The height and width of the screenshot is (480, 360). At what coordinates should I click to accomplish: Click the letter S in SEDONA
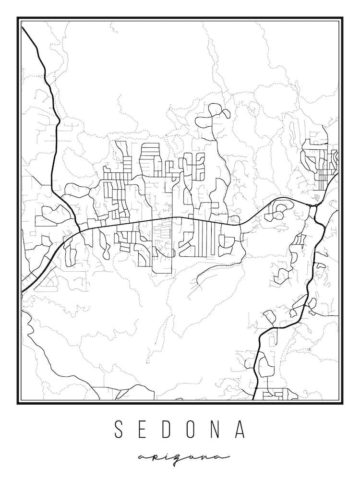coord(119,430)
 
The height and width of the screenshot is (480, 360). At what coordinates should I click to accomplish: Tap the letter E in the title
coord(144,430)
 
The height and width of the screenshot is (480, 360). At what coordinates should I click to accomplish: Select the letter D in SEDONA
coord(168,430)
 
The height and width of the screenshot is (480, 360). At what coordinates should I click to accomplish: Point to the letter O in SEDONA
coord(193,430)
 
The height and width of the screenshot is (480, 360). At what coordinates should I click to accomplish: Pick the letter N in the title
coord(218,430)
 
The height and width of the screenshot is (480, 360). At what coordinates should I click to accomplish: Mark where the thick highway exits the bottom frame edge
coord(254,399)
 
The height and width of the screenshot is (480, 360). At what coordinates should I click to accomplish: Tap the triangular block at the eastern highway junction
coord(314,211)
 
